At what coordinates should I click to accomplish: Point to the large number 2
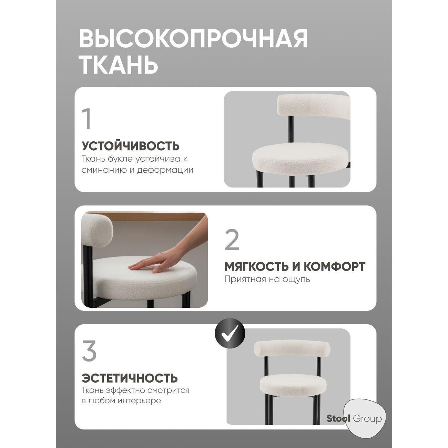coord(232,240)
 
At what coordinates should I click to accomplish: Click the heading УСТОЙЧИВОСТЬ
coord(131,146)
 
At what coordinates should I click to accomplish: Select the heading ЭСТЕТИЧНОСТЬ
coord(130,378)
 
